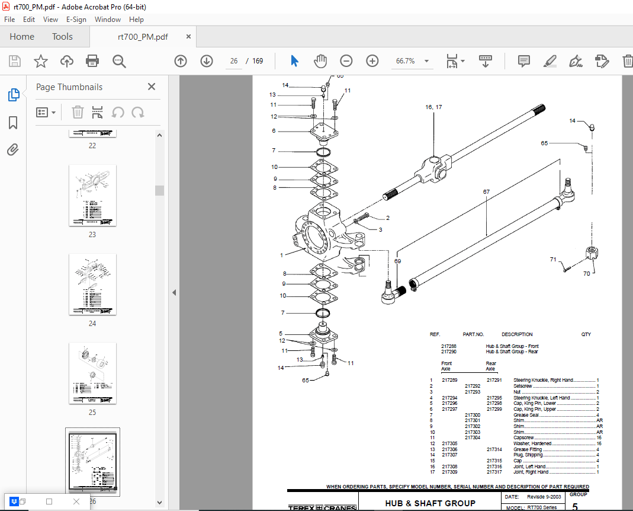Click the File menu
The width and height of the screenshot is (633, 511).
(x=9, y=19)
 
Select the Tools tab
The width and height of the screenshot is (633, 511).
(x=62, y=37)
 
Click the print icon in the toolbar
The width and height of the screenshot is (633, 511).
(x=92, y=61)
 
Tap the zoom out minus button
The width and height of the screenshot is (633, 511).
(x=346, y=61)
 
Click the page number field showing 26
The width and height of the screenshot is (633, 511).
(x=234, y=61)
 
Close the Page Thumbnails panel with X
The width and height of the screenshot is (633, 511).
(x=152, y=87)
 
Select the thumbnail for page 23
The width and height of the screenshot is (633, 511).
(x=92, y=195)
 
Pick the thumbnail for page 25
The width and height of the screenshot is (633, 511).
(x=92, y=373)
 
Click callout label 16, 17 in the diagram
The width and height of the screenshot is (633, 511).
(x=433, y=107)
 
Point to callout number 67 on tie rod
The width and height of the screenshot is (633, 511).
(x=486, y=192)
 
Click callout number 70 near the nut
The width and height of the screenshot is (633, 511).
(x=587, y=274)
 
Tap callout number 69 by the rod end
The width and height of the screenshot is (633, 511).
(x=397, y=261)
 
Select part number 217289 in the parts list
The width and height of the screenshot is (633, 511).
(x=449, y=380)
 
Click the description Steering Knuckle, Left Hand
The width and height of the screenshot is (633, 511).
(x=541, y=398)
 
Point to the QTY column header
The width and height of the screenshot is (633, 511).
(x=586, y=334)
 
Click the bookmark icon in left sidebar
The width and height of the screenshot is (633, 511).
(x=13, y=123)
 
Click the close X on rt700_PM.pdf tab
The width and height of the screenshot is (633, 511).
(x=189, y=37)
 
